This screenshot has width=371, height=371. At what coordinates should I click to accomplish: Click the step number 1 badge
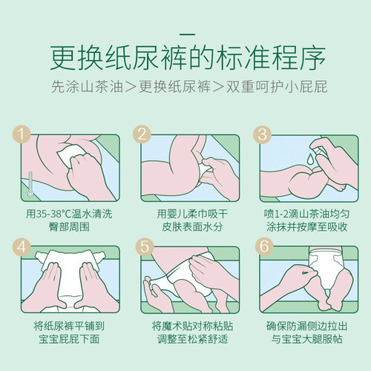(x=22, y=134)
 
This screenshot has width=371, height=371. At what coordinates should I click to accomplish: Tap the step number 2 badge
(x=142, y=134)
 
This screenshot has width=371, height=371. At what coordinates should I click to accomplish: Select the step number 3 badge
(x=263, y=134)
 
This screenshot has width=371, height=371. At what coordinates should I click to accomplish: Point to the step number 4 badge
(x=22, y=246)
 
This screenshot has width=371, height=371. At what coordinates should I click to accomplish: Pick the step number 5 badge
(x=145, y=246)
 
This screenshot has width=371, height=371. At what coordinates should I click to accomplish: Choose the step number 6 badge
(x=264, y=246)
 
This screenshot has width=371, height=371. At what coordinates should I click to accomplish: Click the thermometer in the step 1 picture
(x=30, y=184)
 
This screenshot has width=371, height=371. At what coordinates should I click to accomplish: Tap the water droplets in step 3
(x=309, y=159)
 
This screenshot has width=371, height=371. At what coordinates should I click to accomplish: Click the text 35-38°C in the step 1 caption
(x=53, y=214)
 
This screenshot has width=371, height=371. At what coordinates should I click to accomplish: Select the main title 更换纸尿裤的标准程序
(x=188, y=57)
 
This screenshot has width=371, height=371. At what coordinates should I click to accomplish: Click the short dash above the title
(x=187, y=35)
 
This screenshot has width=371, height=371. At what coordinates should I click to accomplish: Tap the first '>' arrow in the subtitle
(x=131, y=87)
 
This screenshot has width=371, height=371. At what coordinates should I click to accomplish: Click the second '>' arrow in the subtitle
(x=218, y=87)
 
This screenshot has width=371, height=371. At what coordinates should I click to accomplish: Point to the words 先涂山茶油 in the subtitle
(x=87, y=87)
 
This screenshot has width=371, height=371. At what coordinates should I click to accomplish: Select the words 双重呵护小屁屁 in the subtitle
(x=277, y=87)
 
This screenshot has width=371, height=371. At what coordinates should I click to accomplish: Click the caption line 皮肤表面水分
(x=192, y=227)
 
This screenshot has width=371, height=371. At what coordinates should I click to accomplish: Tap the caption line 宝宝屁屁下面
(x=69, y=339)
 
